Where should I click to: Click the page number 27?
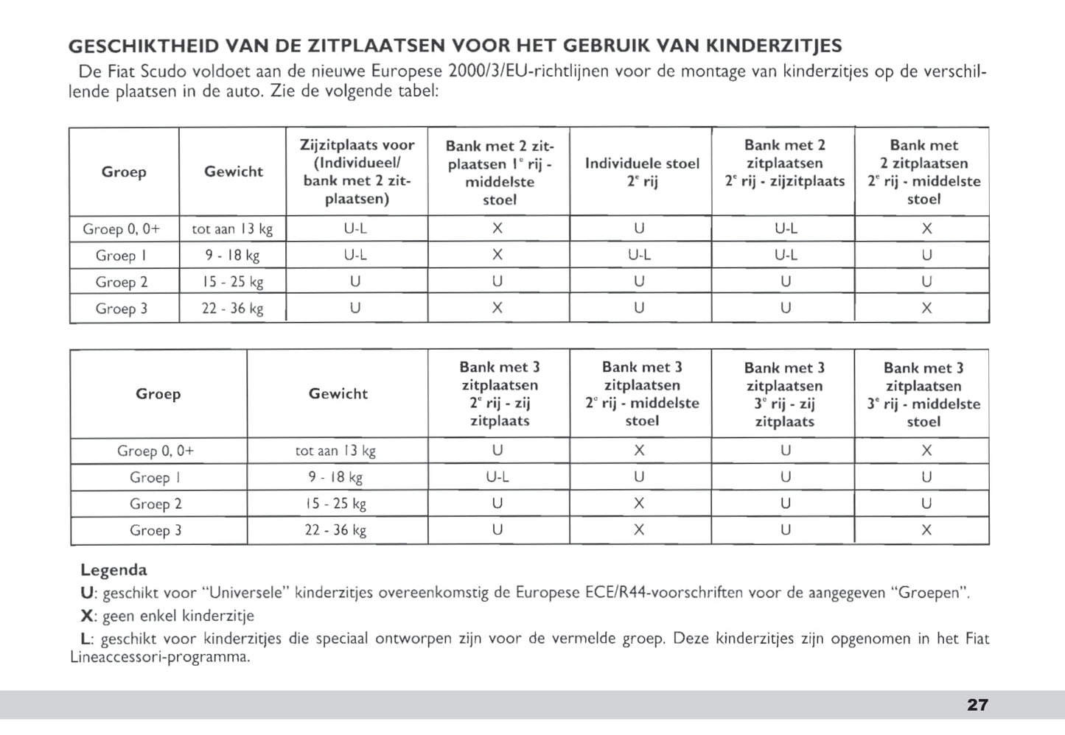977,705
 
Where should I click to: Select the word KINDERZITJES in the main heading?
774,46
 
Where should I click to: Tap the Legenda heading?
114,569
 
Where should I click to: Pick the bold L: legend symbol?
87,639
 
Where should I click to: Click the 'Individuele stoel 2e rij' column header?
641,172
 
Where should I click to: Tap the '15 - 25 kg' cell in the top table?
233,282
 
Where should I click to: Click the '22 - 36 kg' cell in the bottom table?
335,530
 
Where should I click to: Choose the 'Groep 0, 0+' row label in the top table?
121,229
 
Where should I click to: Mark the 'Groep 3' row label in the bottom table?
156,530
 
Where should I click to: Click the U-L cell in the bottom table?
497,477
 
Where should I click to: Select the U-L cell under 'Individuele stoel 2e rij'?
639,256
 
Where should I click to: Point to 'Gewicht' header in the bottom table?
338,394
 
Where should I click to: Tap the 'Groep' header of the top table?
124,172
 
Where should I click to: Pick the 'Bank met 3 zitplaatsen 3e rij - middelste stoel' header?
923,395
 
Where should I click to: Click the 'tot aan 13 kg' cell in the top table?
232,229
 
